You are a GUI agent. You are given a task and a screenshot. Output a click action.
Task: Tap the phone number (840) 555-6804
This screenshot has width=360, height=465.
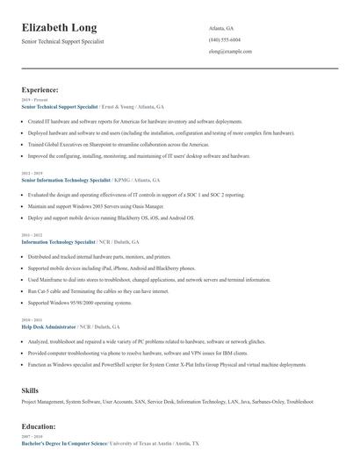coord(224,40)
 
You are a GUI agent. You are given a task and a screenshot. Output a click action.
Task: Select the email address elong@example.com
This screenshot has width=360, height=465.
coord(230,52)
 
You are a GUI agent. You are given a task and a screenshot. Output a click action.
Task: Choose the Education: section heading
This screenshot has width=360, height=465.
coord(39,426)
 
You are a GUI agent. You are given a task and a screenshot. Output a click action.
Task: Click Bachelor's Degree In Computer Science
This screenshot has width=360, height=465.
coord(64,443)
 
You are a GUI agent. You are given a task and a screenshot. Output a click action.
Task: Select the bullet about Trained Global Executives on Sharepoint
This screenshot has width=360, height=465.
coord(119,144)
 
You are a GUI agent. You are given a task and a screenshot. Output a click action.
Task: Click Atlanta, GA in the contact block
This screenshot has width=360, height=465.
coord(221,28)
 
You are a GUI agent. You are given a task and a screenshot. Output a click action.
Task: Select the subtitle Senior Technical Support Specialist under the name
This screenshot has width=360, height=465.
coord(63,41)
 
